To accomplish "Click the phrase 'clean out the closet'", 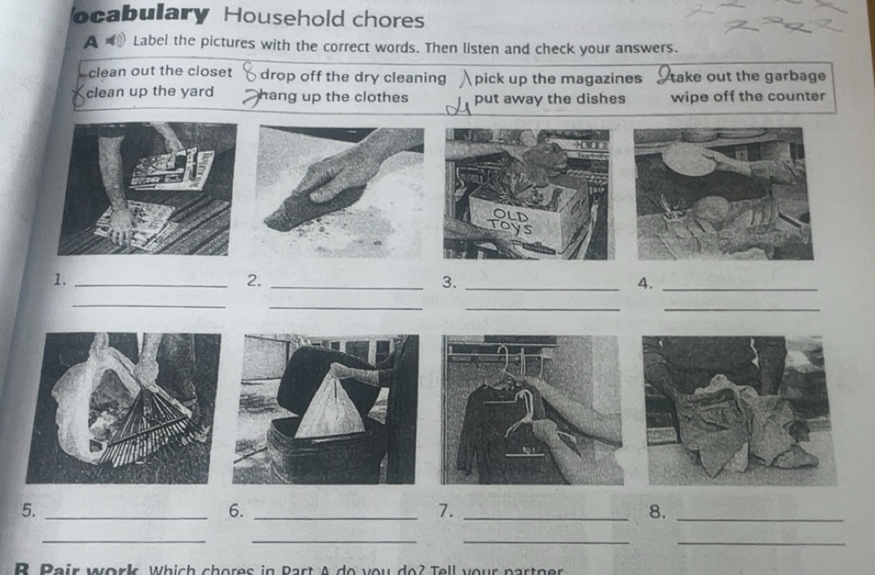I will [160, 72].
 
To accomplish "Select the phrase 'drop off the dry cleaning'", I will [352, 77].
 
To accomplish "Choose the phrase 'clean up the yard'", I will [150, 93].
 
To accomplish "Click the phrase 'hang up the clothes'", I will [334, 96].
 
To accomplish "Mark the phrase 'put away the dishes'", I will [550, 97].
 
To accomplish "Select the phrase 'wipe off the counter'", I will [748, 95].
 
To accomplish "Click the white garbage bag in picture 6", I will [330, 408].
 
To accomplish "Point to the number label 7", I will [444, 511].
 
